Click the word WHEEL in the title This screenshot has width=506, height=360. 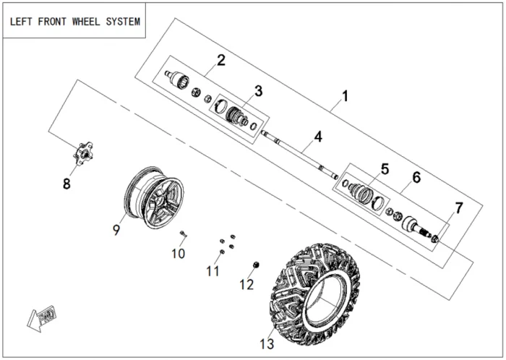pos(86,22)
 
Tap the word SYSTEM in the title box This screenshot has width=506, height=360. pos(123,22)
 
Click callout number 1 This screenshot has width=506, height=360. pos(346,96)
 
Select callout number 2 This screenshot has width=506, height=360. pos(221,60)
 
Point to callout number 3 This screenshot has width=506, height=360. pos(259,91)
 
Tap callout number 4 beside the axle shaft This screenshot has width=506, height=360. pos(318,137)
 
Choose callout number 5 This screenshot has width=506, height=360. pos(385,169)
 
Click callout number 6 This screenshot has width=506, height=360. pos(416,177)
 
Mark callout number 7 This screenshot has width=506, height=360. pos(459,207)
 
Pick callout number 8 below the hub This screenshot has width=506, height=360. pos(67,184)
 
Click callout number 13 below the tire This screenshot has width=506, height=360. pos(267,344)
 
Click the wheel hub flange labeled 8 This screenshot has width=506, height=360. pos(83,153)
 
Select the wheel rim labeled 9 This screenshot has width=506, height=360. pos(154,197)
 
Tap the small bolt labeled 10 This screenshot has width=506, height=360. pos(184,233)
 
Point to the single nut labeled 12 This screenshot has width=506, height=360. pos(257,265)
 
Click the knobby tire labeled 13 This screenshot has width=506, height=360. pos(315,294)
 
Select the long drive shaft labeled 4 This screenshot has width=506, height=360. pos(299,155)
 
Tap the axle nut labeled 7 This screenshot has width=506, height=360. pos(435,239)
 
